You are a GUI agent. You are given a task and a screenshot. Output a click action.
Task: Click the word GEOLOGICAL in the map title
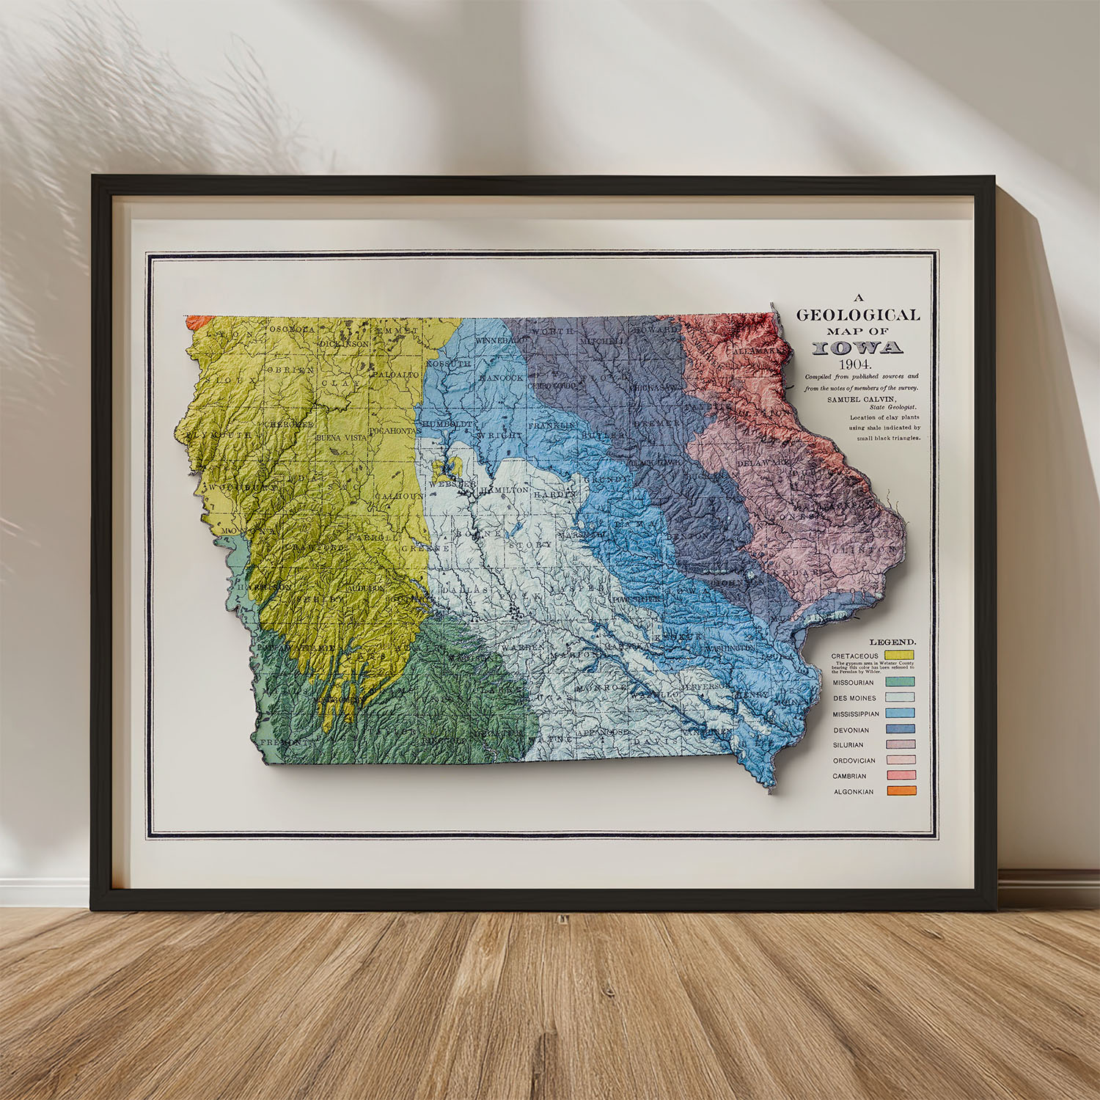pos(857,315)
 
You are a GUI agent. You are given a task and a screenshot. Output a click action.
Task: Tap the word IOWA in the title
pos(857,348)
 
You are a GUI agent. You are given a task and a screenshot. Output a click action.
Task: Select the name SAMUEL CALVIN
pos(861,399)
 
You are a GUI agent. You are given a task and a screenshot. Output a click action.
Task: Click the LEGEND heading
pos(892,642)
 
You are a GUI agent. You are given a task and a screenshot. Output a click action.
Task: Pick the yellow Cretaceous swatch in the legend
pos(899,655)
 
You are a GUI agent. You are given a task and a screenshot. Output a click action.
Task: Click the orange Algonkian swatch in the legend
pos(901,791)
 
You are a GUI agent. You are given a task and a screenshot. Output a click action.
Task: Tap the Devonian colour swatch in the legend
pos(901,729)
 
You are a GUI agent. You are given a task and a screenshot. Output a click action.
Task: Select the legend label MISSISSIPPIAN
pos(856,714)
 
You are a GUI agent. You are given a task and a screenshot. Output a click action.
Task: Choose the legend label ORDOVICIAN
pos(854,760)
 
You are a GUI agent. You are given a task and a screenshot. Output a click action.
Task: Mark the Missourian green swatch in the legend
pos(901,682)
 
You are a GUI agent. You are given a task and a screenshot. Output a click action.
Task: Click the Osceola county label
pos(292,329)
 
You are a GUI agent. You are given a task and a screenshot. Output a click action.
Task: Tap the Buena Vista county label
pos(340,438)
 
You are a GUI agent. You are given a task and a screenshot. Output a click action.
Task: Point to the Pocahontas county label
pos(396,430)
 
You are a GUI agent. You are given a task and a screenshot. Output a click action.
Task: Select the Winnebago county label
pos(500,341)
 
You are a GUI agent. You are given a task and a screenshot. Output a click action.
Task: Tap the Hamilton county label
pos(505,489)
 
